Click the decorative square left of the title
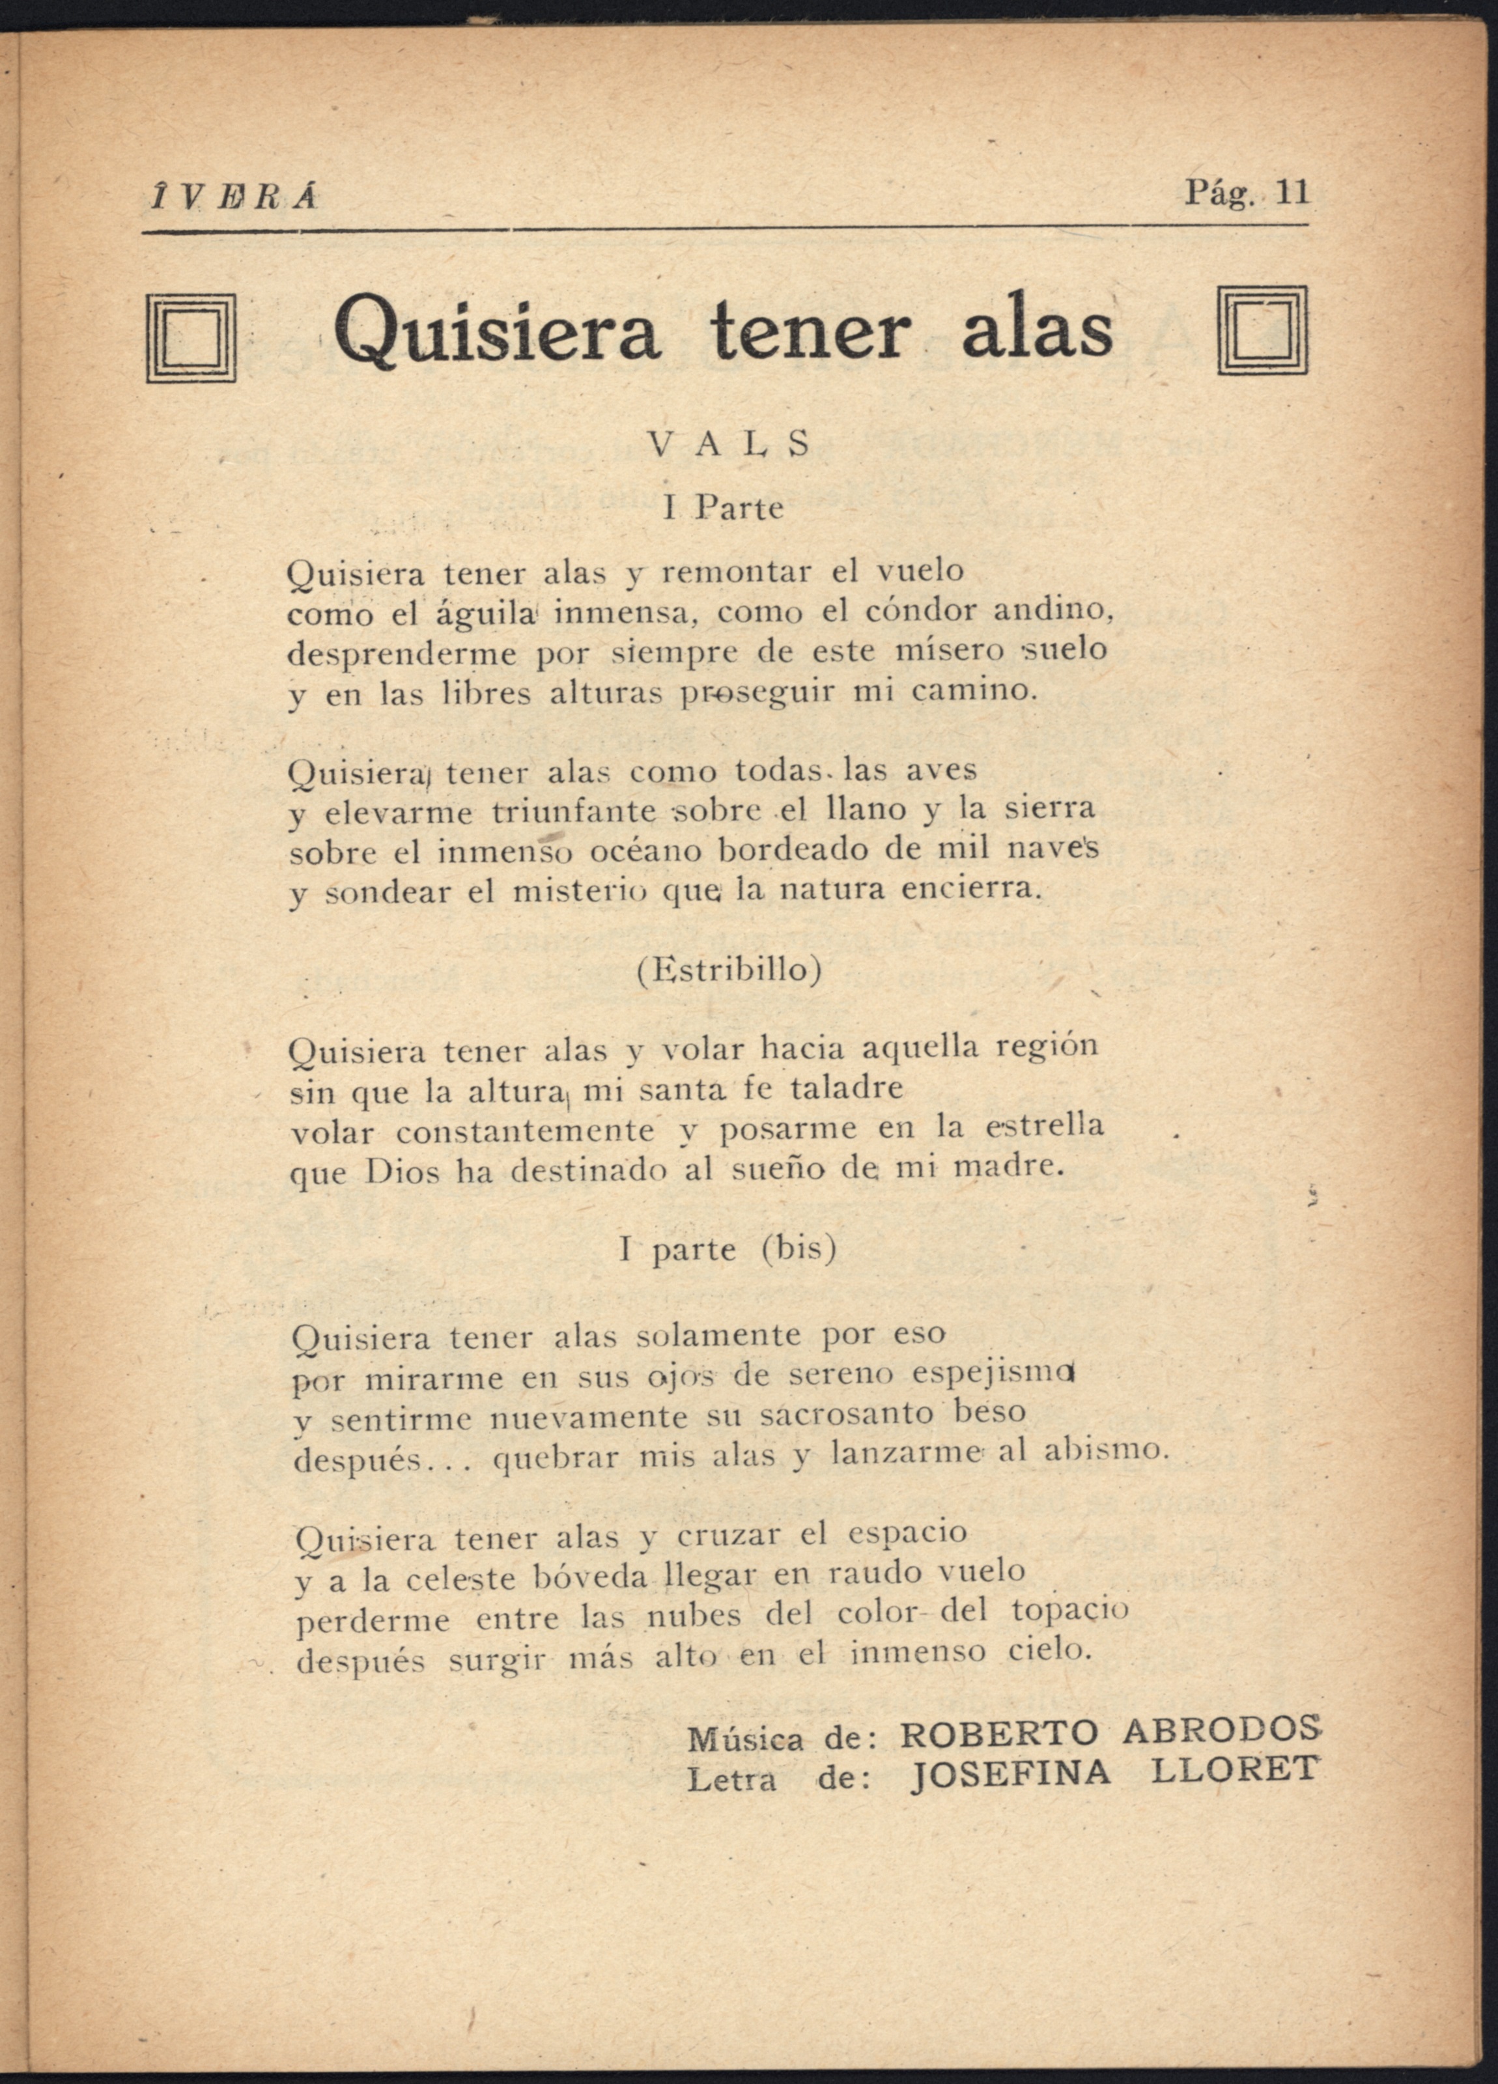pyautogui.click(x=191, y=338)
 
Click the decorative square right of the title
pyautogui.click(x=1262, y=331)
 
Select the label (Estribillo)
pyautogui.click(x=729, y=970)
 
